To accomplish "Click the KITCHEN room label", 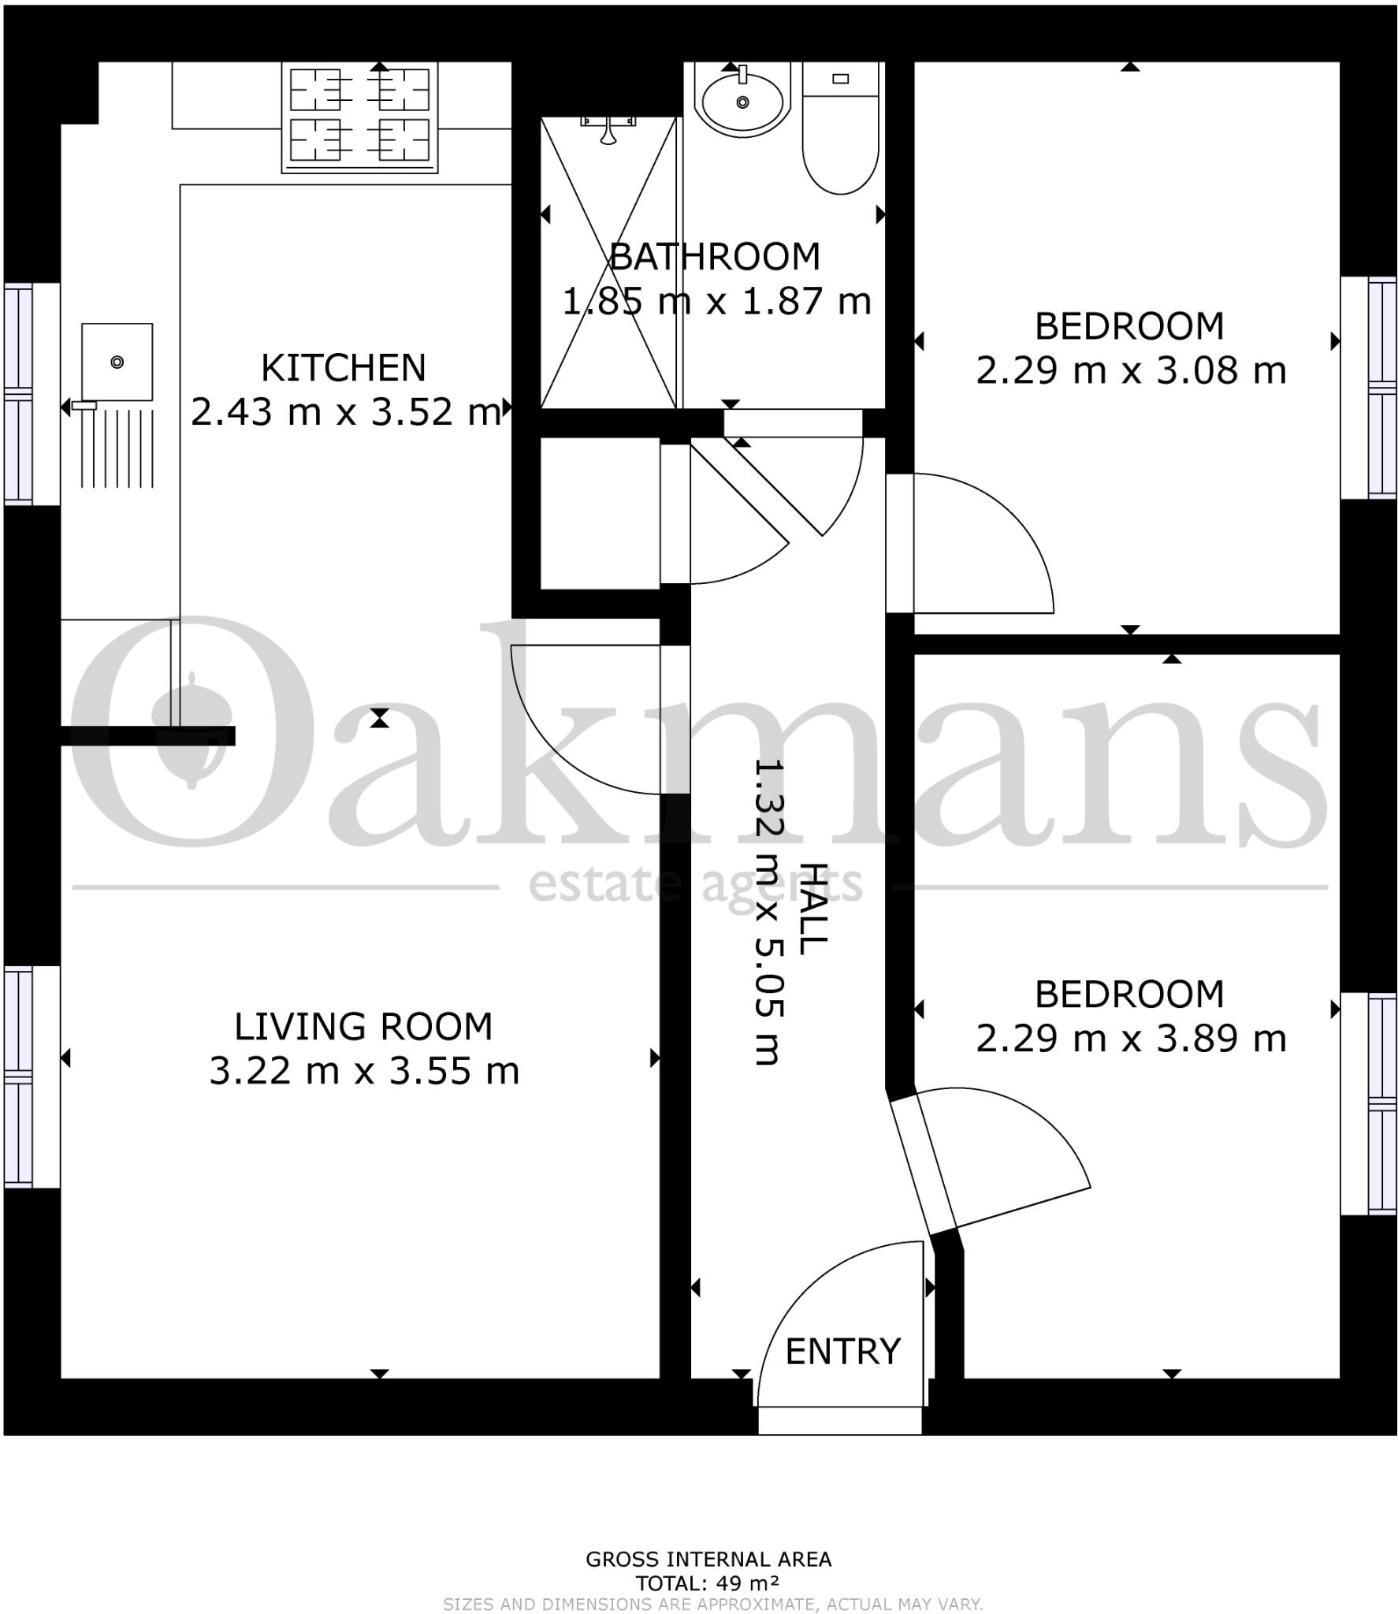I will pos(343,368).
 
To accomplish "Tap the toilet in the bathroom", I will pos(839,134).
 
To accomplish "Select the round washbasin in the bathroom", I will pos(742,102).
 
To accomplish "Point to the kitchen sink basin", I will pos(117,362).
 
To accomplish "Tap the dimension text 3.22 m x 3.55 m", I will pos(364,1071).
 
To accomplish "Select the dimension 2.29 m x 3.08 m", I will pos(1130,370).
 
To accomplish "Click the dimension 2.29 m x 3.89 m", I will pos(1130,1039).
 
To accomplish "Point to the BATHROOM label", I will pos(715,257).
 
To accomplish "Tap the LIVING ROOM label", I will pos(363,1027).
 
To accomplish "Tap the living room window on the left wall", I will pos(20,1077).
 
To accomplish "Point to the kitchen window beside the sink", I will pos(20,393).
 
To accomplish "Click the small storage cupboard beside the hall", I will pos(599,513).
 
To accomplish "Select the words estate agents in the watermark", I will pos(695,885).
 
